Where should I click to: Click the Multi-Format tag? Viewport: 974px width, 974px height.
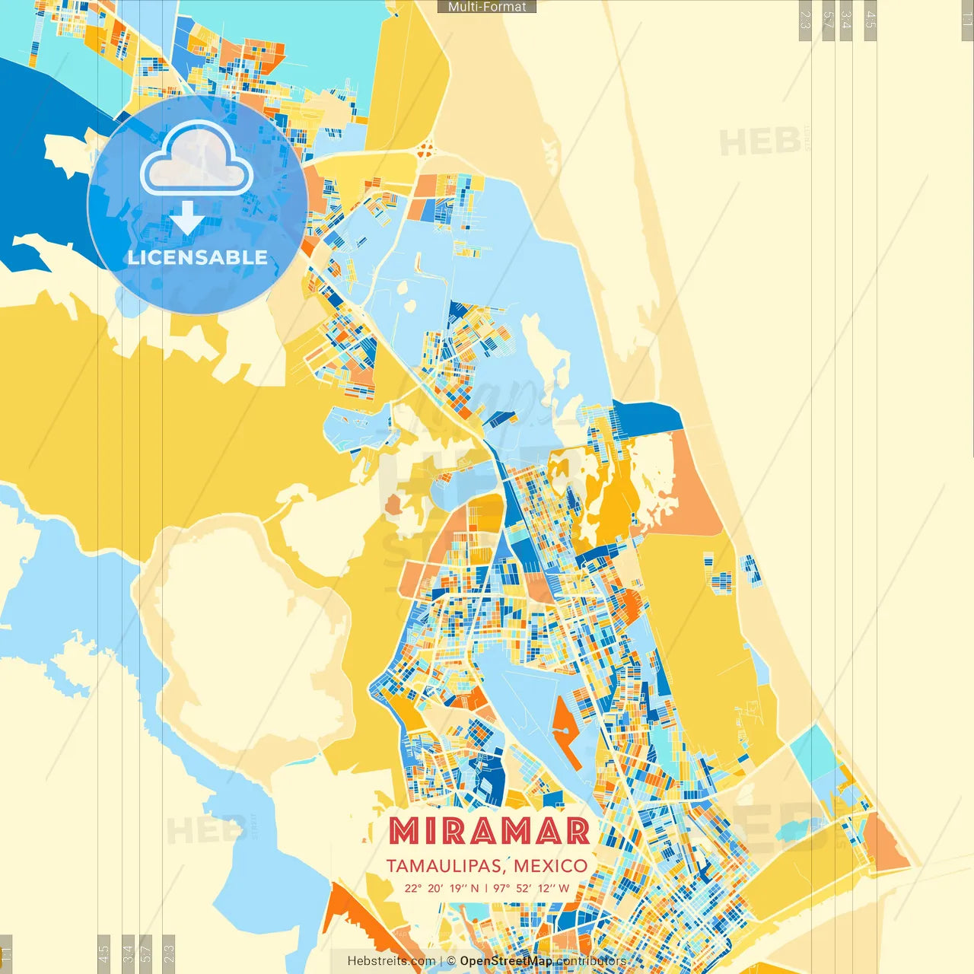click(487, 7)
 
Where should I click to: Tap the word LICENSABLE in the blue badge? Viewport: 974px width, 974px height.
click(197, 257)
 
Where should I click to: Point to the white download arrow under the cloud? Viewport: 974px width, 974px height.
click(187, 219)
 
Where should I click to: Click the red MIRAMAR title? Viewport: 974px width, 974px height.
click(489, 832)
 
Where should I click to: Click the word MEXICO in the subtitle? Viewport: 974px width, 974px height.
click(550, 866)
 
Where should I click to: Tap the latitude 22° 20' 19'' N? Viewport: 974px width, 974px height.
click(441, 888)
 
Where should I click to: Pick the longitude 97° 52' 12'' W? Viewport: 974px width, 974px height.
click(531, 888)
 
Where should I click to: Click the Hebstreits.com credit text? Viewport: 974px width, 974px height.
click(391, 961)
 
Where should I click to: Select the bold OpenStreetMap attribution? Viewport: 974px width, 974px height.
click(505, 961)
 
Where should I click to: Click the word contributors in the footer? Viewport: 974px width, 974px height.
click(590, 961)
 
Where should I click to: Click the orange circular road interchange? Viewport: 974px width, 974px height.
click(425, 148)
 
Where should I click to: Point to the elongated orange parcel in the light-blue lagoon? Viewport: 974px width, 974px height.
click(566, 730)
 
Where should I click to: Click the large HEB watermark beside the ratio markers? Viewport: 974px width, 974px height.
click(759, 142)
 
